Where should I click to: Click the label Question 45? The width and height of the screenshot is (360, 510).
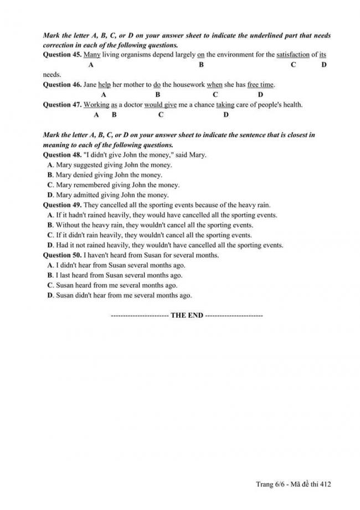(62, 54)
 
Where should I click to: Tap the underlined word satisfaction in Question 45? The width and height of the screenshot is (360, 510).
(292, 54)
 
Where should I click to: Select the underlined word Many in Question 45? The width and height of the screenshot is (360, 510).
(91, 54)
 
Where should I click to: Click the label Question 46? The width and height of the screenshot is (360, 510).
(62, 85)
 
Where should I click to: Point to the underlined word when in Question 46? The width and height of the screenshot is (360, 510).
(214, 85)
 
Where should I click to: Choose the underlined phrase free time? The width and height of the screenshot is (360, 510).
(260, 85)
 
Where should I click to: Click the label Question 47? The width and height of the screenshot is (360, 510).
(62, 105)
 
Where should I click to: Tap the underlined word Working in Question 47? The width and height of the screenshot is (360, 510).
(96, 105)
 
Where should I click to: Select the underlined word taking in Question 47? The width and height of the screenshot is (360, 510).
(225, 105)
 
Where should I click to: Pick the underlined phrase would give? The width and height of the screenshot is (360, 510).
(161, 105)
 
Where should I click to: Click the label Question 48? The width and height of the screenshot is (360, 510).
(62, 155)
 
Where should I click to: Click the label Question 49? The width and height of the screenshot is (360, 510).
(62, 205)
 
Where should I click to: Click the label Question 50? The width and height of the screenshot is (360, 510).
(62, 255)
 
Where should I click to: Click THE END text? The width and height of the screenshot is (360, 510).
(187, 315)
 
